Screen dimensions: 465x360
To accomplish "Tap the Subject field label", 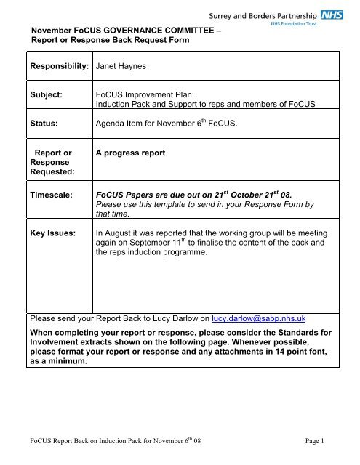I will pyautogui.click(x=45, y=94).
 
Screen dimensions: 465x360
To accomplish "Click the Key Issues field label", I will pyautogui.click(x=53, y=234).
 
